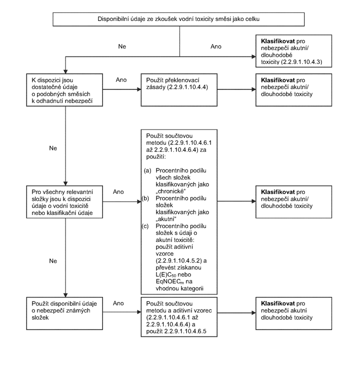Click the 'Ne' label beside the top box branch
(x=122, y=46)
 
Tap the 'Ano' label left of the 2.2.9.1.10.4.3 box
(x=216, y=46)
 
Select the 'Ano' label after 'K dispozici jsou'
(x=121, y=80)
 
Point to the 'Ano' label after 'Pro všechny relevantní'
(x=118, y=191)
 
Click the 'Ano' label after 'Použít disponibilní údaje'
(x=118, y=303)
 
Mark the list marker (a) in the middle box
(x=147, y=170)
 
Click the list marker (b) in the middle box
(x=145, y=198)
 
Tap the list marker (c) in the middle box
(x=145, y=226)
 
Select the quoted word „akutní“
(x=166, y=219)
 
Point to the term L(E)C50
(x=166, y=274)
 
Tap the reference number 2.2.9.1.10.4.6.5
(x=185, y=331)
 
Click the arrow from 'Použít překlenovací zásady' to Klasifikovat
(x=236, y=89)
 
